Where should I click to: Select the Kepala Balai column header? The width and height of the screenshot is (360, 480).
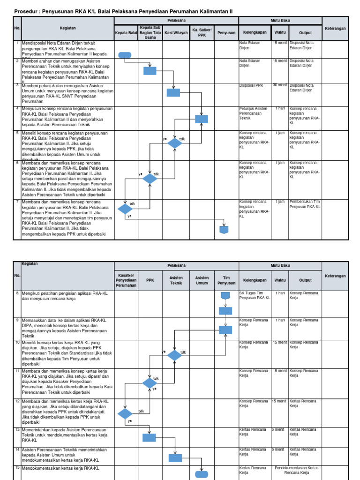tap(126, 33)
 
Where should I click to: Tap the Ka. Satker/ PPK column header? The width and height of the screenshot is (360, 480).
tap(202, 32)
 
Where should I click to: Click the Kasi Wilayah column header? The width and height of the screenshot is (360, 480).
tap(176, 33)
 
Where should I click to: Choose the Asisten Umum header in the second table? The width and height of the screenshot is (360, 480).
tap(202, 280)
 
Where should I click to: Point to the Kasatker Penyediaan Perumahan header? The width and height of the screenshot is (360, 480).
tap(126, 280)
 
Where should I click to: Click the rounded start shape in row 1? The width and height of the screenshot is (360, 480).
tap(125, 55)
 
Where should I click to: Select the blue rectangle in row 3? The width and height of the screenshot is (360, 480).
tap(173, 93)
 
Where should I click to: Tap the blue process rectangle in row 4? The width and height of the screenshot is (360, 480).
tap(202, 119)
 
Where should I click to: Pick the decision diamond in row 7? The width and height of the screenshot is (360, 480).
tap(125, 209)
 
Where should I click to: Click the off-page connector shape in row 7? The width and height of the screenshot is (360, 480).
tap(224, 230)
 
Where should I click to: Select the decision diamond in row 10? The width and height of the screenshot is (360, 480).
tap(175, 356)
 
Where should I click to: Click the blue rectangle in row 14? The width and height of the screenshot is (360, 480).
tap(175, 457)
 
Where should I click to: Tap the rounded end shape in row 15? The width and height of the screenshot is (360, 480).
tap(202, 474)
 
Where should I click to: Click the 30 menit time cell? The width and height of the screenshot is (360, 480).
tap(280, 85)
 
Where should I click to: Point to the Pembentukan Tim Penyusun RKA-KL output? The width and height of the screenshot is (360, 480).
tap(305, 204)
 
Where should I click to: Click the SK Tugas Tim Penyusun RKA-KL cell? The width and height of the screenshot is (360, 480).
tap(255, 295)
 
